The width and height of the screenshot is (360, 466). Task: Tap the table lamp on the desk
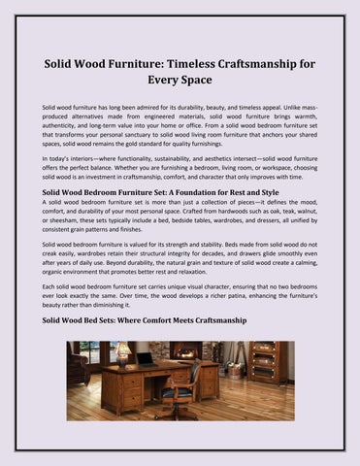tap(122, 353)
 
